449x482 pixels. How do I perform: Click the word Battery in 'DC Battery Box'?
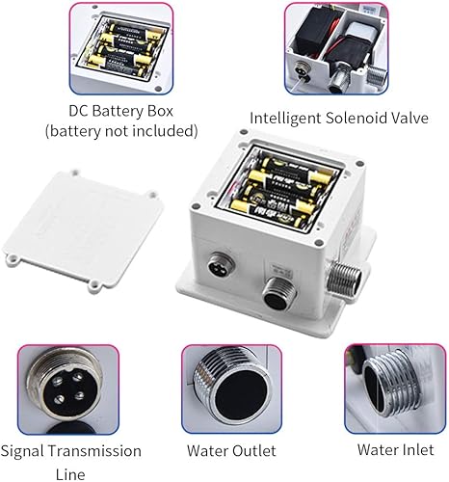pos(118,112)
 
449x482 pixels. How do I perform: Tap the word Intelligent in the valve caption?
pos(285,119)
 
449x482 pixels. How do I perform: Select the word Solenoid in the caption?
pos(356,118)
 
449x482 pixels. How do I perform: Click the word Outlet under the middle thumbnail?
pos(254,450)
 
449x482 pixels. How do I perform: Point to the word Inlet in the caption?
pos(416,449)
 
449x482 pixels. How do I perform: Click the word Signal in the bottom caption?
pos(22,451)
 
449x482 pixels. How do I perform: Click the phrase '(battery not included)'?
pos(121,131)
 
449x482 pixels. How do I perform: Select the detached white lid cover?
pos(82,230)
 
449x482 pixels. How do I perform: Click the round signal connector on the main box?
pos(221,263)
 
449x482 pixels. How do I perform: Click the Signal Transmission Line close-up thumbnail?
pos(68,389)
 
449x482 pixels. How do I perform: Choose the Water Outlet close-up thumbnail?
pos(232,389)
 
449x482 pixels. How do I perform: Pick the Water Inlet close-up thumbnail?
pos(395,388)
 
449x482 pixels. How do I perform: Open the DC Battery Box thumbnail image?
pos(121,48)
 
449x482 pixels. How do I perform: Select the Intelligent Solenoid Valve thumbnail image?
pos(336,48)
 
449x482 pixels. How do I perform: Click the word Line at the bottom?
pos(70,474)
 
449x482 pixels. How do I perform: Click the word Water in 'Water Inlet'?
pos(376,449)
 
